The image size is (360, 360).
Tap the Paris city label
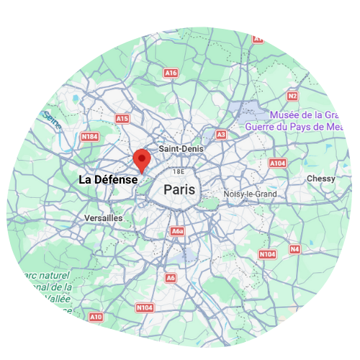tap(179, 190)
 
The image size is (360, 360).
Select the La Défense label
tap(107, 179)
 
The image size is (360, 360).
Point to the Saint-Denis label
tap(181, 148)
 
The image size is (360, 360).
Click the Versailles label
tap(103, 217)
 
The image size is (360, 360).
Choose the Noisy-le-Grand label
tap(250, 194)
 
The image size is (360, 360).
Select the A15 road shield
tap(122, 118)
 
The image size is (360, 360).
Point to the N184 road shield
tap(90, 136)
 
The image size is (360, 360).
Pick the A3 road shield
tap(221, 135)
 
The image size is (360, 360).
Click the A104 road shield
tap(278, 164)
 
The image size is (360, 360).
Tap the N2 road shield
tap(292, 96)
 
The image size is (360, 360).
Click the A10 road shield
tap(96, 317)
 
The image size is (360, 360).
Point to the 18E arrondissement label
tap(179, 172)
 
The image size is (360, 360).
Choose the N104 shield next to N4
tap(267, 254)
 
